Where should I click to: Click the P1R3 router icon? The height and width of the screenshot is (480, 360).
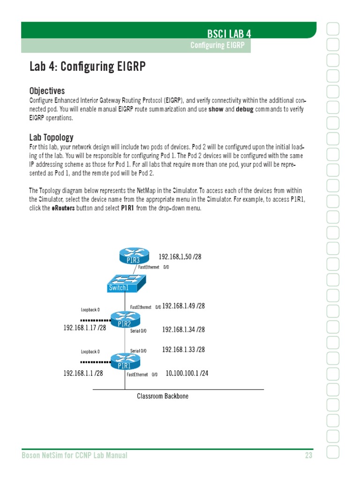tap(133, 256)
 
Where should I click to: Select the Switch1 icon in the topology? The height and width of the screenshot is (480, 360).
tap(125, 283)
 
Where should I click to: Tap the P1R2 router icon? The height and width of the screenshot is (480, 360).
tap(124, 320)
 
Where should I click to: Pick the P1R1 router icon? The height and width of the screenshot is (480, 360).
tap(126, 361)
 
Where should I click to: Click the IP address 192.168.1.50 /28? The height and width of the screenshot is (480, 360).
tap(180, 257)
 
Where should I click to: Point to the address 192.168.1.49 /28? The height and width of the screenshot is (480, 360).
tap(183, 306)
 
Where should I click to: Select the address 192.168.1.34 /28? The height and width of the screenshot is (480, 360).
tap(183, 330)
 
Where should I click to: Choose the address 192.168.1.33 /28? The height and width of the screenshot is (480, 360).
tap(183, 350)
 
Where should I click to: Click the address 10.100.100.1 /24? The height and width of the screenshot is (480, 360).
tap(187, 374)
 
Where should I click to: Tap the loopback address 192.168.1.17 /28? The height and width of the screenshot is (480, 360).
tap(84, 328)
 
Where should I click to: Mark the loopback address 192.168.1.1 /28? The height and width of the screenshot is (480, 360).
tap(83, 374)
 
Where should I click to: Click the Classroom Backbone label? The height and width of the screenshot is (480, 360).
tap(163, 396)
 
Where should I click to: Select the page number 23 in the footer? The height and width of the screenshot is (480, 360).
tap(307, 455)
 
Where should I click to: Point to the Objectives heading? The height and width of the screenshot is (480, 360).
tap(47, 90)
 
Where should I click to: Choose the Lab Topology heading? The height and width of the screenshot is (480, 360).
tap(51, 137)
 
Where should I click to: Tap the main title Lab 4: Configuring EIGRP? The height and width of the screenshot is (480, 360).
tap(87, 67)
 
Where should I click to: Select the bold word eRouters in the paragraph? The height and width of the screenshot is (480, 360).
tap(63, 208)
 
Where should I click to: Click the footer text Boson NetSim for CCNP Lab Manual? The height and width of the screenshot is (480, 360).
tap(75, 455)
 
